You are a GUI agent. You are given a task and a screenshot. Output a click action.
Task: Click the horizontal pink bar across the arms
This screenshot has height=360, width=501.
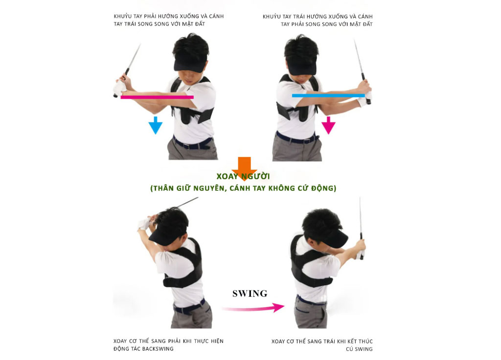pyautogui.click(x=157, y=97)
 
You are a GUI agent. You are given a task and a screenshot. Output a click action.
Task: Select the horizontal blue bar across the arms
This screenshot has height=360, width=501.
pyautogui.click(x=328, y=95)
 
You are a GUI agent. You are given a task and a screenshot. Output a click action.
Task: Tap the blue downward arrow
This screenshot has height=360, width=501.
pyautogui.click(x=156, y=125)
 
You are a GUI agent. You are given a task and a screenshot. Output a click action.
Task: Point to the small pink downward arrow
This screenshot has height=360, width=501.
pyautogui.click(x=328, y=125)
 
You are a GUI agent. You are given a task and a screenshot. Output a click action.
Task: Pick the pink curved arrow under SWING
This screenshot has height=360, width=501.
pyautogui.click(x=253, y=308)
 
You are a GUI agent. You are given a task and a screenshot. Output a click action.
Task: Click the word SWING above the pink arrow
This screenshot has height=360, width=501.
pyautogui.click(x=250, y=293)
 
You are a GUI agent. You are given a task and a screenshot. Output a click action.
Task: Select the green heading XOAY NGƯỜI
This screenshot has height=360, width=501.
pyautogui.click(x=243, y=176)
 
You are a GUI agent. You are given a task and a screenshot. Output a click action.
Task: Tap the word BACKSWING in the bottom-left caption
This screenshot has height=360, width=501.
pyautogui.click(x=158, y=349)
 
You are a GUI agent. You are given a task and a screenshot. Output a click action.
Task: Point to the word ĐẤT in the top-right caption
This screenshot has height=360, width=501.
pyautogui.click(x=367, y=24)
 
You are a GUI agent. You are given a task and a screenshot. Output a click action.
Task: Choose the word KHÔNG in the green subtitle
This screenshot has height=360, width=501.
pyautogui.click(x=282, y=188)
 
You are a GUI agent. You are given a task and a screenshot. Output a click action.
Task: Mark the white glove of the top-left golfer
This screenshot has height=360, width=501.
pyautogui.click(x=120, y=88)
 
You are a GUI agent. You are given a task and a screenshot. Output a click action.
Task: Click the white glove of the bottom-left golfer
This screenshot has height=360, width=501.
pyautogui.click(x=144, y=223)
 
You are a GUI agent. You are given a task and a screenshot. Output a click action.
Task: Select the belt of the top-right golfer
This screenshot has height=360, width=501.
pyautogui.click(x=296, y=138)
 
